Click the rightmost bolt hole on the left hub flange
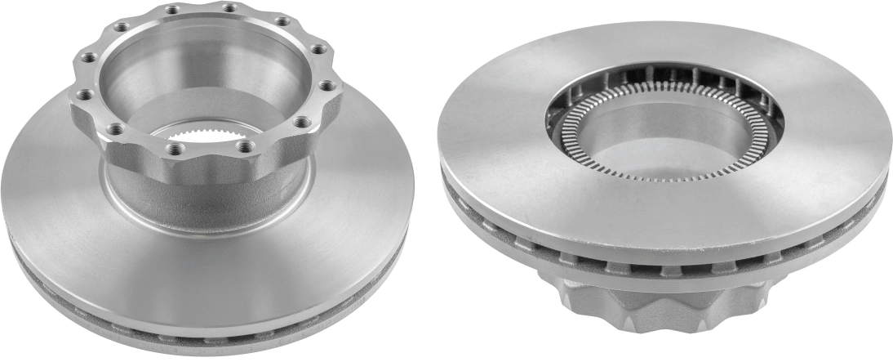point(327,85)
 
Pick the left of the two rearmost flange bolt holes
point(172,10)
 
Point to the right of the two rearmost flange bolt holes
point(229,7)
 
